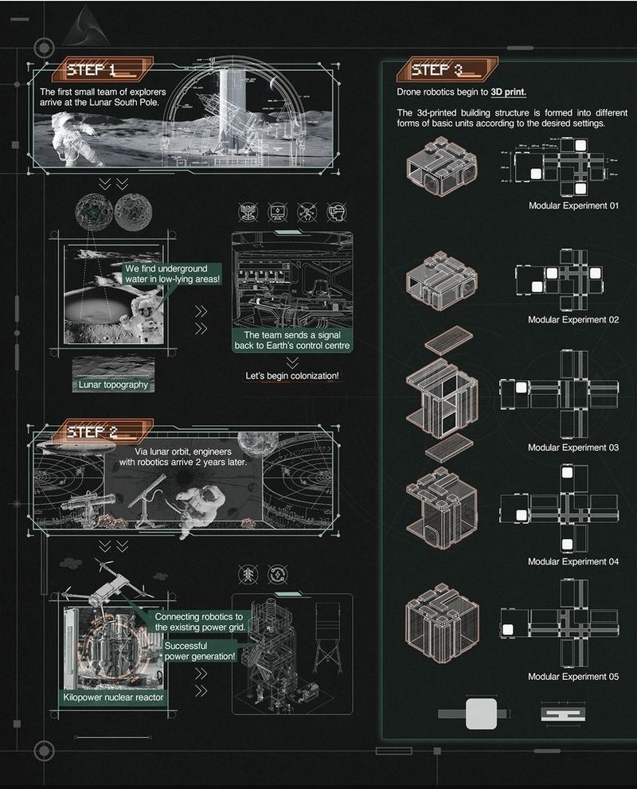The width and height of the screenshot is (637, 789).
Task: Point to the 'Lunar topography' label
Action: pyautogui.click(x=113, y=385)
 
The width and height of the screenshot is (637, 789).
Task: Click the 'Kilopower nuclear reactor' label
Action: pyautogui.click(x=113, y=697)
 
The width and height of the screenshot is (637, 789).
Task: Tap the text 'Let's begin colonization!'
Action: pyautogui.click(x=292, y=375)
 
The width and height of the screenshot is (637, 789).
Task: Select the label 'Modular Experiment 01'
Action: pyautogui.click(x=573, y=205)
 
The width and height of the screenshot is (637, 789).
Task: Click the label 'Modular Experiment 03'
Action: pyautogui.click(x=573, y=447)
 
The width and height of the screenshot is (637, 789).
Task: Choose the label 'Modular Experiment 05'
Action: pyautogui.click(x=573, y=677)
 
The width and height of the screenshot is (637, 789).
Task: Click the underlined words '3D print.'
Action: pyautogui.click(x=508, y=92)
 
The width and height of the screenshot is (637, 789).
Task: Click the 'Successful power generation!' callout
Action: pyautogui.click(x=201, y=650)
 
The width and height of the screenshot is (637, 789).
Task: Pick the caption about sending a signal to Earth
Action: pyautogui.click(x=292, y=341)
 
